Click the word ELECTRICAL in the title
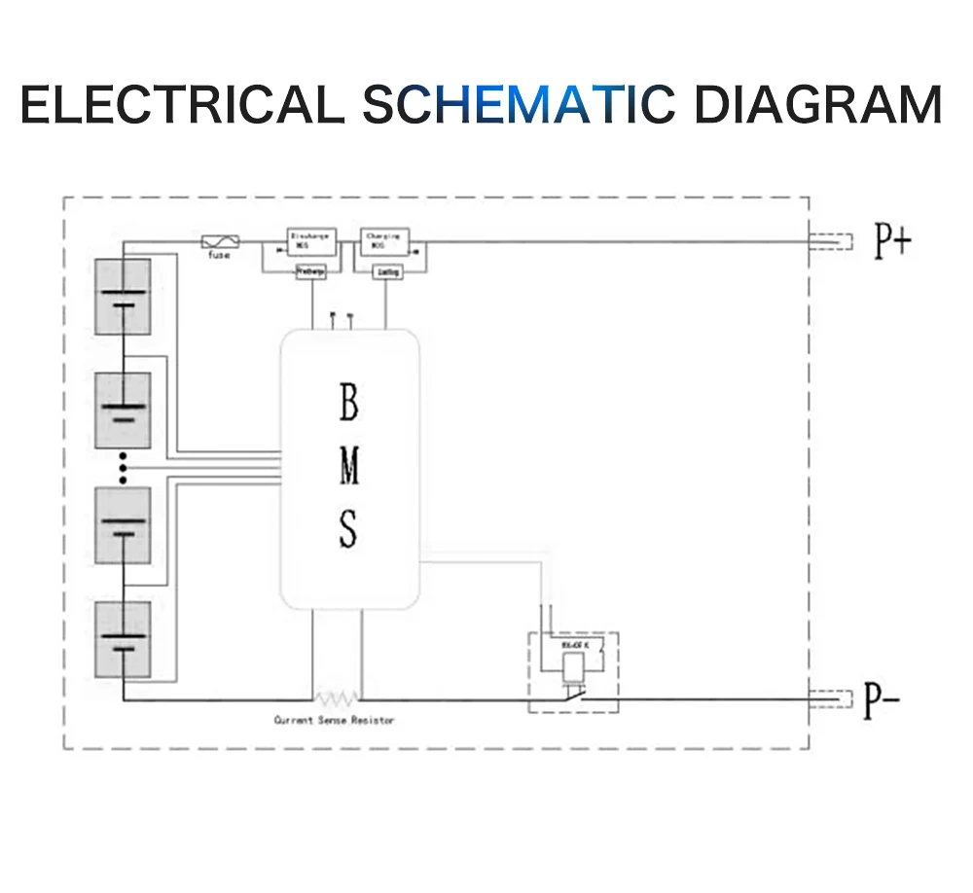pyautogui.click(x=181, y=104)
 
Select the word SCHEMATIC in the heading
pyautogui.click(x=518, y=104)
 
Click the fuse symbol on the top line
pyautogui.click(x=216, y=241)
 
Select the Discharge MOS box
pyautogui.click(x=310, y=241)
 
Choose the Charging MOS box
pyautogui.click(x=385, y=241)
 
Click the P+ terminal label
pyautogui.click(x=891, y=241)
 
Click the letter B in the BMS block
pyautogui.click(x=348, y=404)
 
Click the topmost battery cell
pyautogui.click(x=123, y=297)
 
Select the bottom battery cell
pyautogui.click(x=123, y=639)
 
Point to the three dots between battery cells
pyautogui.click(x=123, y=469)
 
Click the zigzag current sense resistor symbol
pyautogui.click(x=337, y=697)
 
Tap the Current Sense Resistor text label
pyautogui.click(x=334, y=720)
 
